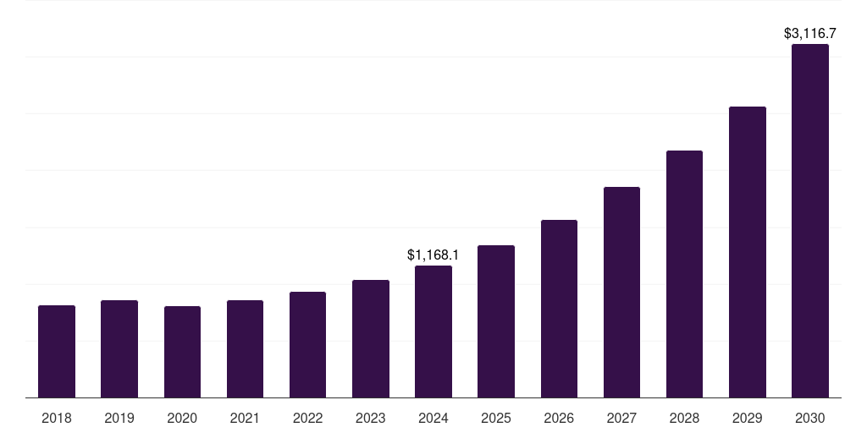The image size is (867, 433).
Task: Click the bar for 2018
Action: [57, 351]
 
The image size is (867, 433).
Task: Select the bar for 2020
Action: [182, 352]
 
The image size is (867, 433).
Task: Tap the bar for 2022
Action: [307, 344]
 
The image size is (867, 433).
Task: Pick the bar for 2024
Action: [433, 332]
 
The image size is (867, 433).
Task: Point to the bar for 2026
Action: [559, 309]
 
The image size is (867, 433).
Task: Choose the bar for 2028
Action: [684, 274]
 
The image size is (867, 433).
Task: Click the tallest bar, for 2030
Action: [809, 221]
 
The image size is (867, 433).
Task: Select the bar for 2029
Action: [747, 252]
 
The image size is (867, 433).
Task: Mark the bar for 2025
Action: [496, 321]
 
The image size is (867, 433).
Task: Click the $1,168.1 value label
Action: [433, 255]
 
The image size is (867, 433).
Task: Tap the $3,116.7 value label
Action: [809, 34]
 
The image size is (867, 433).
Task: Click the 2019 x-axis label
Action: [119, 418]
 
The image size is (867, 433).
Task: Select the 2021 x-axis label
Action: [245, 418]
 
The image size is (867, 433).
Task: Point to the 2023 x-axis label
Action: [370, 418]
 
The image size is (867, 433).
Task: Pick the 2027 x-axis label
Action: [621, 418]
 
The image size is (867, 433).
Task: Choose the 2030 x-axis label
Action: [809, 418]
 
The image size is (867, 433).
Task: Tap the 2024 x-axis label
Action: [433, 418]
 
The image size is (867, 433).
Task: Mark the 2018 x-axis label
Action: [57, 418]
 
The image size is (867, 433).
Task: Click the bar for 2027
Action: [621, 292]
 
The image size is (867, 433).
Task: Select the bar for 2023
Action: [370, 338]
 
